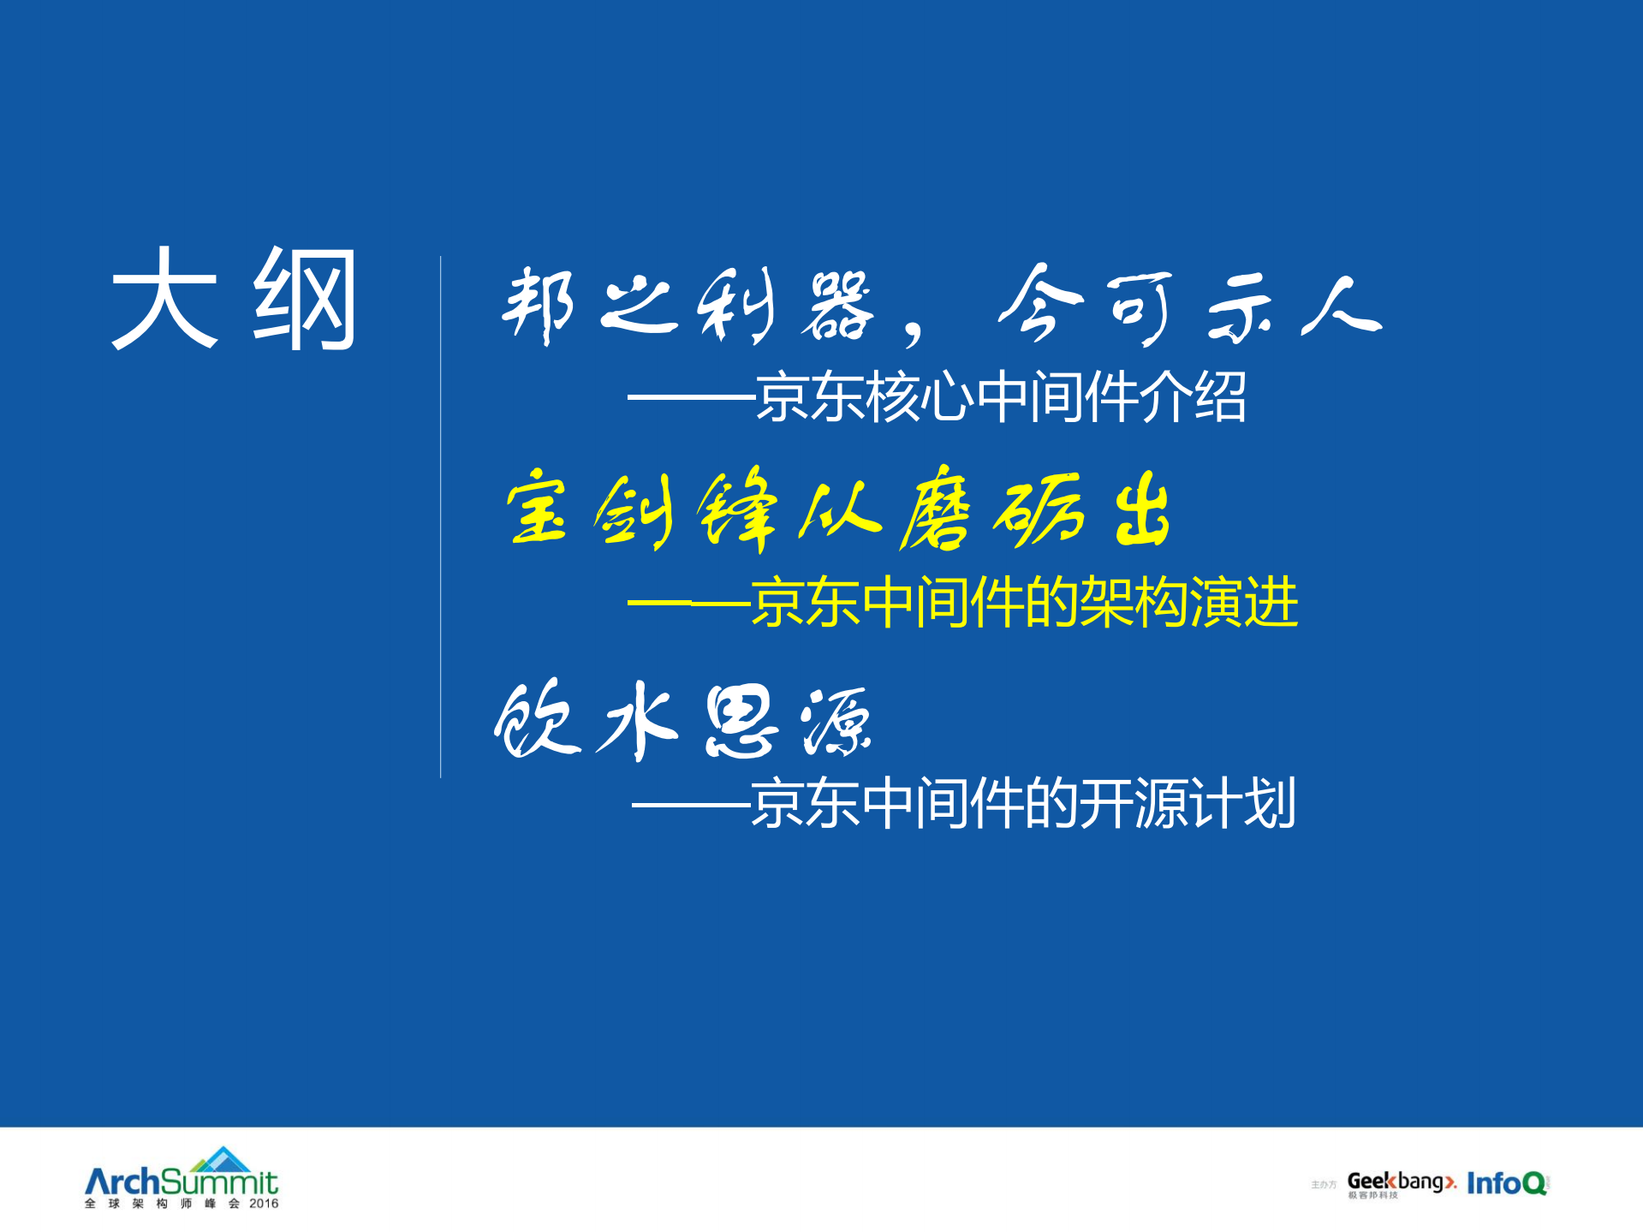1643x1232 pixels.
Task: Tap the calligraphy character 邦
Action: (x=538, y=304)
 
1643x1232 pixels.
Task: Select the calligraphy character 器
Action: (x=837, y=307)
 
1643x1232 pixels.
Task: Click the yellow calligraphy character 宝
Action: (x=537, y=509)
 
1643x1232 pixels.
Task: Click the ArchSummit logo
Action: (x=182, y=1177)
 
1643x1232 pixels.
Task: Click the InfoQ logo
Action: (x=1506, y=1183)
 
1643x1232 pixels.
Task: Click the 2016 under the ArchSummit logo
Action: (x=264, y=1204)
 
